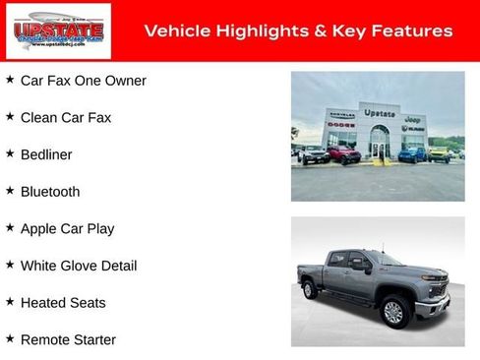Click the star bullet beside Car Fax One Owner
[10, 80]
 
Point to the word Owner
[126, 81]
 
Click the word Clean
[39, 118]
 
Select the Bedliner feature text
[46, 154]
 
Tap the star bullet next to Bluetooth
[10, 191]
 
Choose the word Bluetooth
[50, 192]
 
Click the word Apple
[40, 229]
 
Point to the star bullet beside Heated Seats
[10, 302]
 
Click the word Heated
[43, 303]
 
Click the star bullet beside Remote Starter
[10, 339]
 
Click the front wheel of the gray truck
[393, 313]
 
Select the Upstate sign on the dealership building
[380, 113]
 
